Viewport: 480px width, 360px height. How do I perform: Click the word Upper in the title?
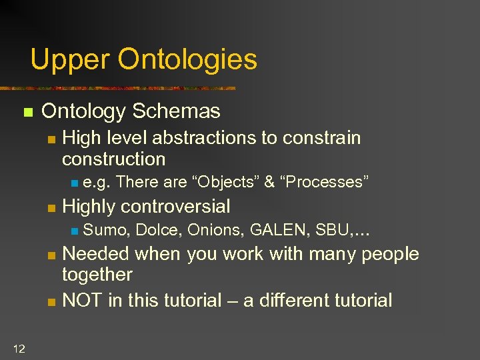coord(69,59)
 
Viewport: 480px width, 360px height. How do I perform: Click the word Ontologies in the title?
coord(187,59)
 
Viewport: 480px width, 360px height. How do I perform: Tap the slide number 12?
coord(18,347)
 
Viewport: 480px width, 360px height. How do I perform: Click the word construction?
coord(113,159)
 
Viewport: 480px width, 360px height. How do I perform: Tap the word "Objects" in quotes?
coord(225,182)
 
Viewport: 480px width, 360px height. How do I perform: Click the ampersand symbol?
coord(269,182)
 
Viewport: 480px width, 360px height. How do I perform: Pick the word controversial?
coord(176,207)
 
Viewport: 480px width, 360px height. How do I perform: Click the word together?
coord(97,275)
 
